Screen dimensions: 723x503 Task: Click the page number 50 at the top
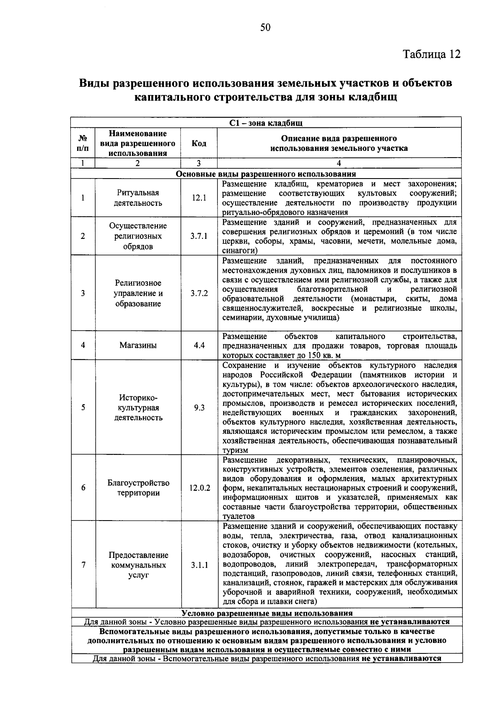(x=266, y=28)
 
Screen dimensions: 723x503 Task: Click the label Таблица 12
(x=431, y=54)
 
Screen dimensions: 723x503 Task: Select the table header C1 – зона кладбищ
(x=266, y=123)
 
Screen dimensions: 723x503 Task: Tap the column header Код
(x=199, y=143)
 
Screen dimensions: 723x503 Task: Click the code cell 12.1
(x=199, y=198)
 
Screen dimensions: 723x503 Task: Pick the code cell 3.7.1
(x=199, y=236)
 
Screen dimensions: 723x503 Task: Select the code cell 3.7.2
(x=199, y=293)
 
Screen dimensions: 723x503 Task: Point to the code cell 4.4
(x=199, y=345)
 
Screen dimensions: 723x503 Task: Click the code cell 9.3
(x=199, y=407)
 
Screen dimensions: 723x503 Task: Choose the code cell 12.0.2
(x=200, y=488)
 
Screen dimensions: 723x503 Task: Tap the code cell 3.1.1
(x=200, y=565)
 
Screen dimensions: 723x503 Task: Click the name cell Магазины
(x=138, y=345)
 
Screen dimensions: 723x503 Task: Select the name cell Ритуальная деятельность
(x=138, y=198)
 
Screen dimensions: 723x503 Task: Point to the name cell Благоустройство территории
(x=138, y=488)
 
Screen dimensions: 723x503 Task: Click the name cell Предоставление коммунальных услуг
(x=138, y=565)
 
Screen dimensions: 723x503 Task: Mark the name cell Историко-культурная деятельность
(x=138, y=407)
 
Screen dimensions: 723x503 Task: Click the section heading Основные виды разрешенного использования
(x=266, y=174)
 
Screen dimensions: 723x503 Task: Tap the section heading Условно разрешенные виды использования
(x=267, y=613)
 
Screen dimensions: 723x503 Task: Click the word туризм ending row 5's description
(x=236, y=451)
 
